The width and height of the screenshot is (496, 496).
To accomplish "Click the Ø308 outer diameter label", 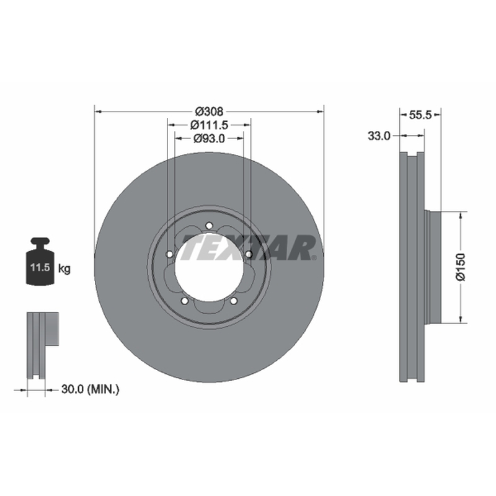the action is pos(209,112).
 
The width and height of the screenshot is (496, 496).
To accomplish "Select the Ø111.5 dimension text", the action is pos(209,125).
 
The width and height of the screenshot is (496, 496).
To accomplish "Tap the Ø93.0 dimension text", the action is pos(209,138).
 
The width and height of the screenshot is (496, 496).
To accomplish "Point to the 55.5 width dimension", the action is pos(420,115).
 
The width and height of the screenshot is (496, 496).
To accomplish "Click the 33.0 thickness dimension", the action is pos(379,136).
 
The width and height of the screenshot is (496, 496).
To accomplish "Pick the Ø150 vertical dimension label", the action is pos(461,267).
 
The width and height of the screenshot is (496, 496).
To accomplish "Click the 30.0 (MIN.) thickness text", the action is pos(91,389).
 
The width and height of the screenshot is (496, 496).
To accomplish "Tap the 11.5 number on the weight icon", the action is pos(40,267).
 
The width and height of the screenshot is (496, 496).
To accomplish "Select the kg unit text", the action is pos(64,269).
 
